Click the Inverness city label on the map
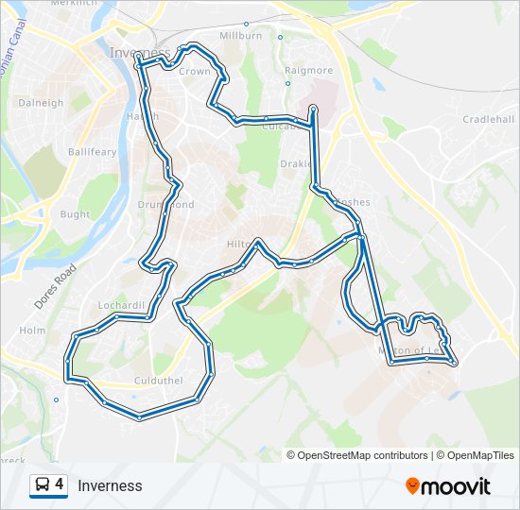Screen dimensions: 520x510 (x=140, y=52)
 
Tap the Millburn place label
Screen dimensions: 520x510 (x=239, y=36)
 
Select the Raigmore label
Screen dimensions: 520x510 (x=308, y=71)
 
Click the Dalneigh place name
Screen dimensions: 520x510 (x=41, y=103)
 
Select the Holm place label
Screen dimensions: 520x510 (x=32, y=331)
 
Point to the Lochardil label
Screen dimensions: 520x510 (x=121, y=306)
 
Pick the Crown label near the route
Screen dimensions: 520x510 (x=195, y=72)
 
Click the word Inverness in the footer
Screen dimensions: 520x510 (x=110, y=486)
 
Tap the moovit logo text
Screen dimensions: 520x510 (x=456, y=486)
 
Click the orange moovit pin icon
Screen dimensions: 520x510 (x=412, y=485)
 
